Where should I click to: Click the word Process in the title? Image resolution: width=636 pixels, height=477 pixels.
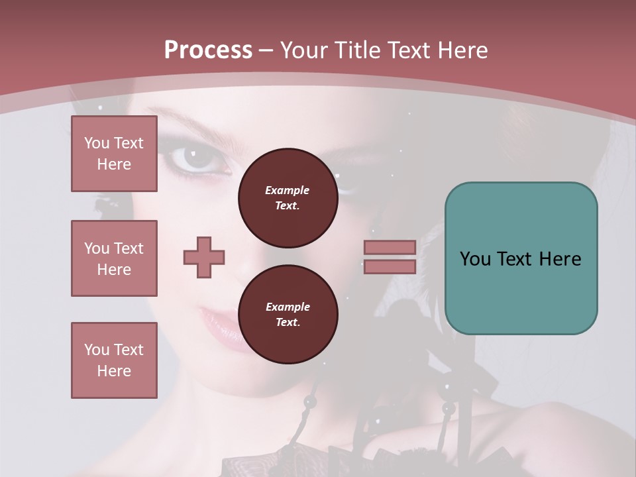(x=208, y=50)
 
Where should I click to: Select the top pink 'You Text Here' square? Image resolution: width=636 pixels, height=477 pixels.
(x=114, y=154)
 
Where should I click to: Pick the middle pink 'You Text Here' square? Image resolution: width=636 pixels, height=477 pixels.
(x=114, y=258)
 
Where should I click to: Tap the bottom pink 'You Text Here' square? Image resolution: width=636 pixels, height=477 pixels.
(x=114, y=360)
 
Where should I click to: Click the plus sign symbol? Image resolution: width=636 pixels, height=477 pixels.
(x=204, y=257)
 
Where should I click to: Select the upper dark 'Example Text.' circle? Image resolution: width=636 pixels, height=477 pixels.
(x=288, y=197)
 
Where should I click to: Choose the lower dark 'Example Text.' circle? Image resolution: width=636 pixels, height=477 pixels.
(x=288, y=314)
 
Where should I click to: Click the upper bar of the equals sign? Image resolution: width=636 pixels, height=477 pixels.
(x=390, y=247)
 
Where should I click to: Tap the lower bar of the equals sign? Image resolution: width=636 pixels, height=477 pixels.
(x=390, y=266)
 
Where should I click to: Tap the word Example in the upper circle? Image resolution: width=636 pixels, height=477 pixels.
(x=288, y=190)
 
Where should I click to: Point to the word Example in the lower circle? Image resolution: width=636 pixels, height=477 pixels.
(x=288, y=307)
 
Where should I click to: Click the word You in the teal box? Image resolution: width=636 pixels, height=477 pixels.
(x=474, y=259)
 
